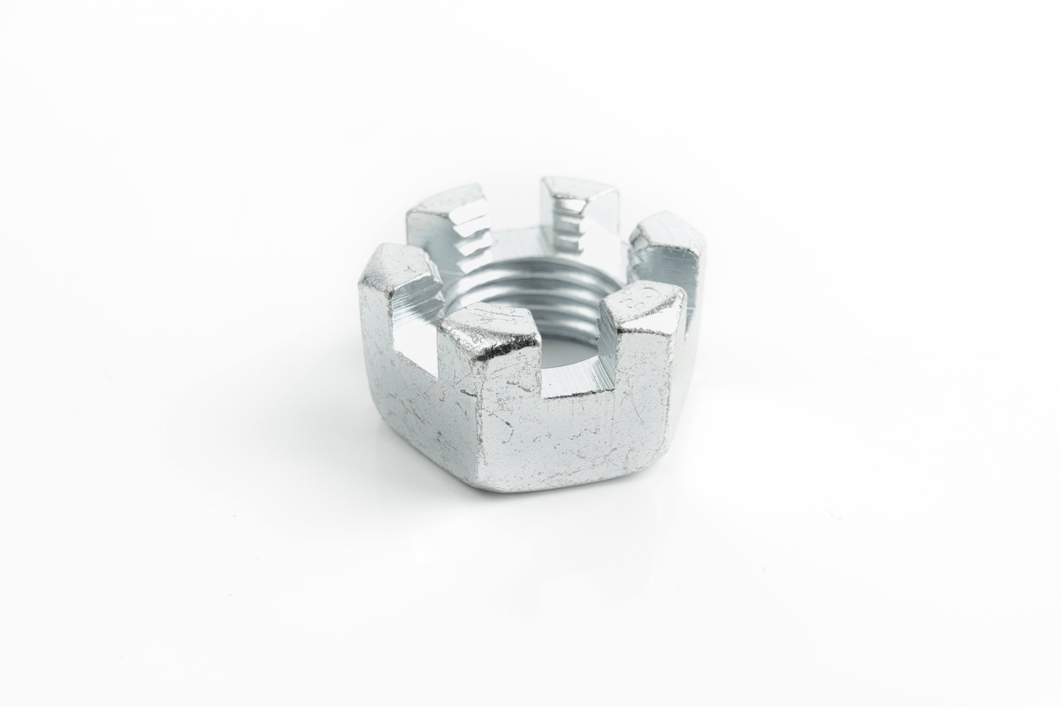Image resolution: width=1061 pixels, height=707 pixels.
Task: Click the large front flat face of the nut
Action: [x=564, y=433]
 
